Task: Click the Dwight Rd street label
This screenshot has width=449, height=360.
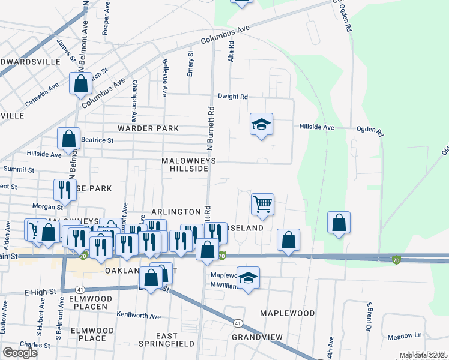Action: tap(233, 96)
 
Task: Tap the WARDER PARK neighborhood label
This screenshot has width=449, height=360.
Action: tap(148, 128)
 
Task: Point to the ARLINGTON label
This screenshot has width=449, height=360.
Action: tap(176, 212)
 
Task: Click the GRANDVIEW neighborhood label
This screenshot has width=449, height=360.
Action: tap(257, 337)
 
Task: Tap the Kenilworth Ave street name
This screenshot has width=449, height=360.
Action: tap(139, 316)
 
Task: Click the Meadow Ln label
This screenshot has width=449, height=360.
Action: tap(409, 335)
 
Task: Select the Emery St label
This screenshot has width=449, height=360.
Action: tap(190, 62)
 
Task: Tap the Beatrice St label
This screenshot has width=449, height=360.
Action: tap(97, 140)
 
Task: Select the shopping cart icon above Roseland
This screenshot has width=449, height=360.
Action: tap(262, 204)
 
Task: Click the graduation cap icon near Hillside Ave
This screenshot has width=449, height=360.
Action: tap(261, 124)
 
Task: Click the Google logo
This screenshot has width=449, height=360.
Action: tap(20, 352)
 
